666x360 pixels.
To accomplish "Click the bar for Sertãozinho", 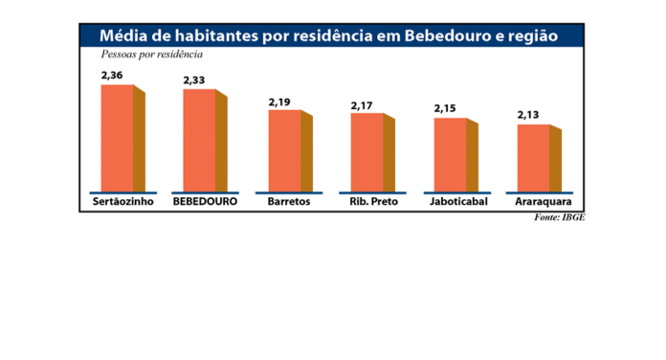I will tap(119, 138).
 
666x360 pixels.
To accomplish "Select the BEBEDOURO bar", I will tap(200, 141).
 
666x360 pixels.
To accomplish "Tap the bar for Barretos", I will tap(284, 151).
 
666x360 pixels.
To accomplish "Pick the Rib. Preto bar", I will tap(367, 152).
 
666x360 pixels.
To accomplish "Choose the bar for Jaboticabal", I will tap(451, 154).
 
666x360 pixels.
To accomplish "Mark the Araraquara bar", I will tap(534, 158).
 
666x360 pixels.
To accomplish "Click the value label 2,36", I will tap(113, 76).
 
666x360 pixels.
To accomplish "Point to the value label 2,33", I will tap(194, 80).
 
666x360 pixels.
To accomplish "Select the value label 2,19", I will tap(278, 101).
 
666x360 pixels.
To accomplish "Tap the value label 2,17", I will tap(362, 104).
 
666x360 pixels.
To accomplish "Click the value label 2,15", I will tap(445, 109).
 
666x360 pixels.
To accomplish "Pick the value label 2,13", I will tap(528, 115).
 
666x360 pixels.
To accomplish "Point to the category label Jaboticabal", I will tap(455, 203).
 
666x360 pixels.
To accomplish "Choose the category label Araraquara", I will tap(538, 203).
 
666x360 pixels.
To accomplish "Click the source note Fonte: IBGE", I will tap(560, 218).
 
